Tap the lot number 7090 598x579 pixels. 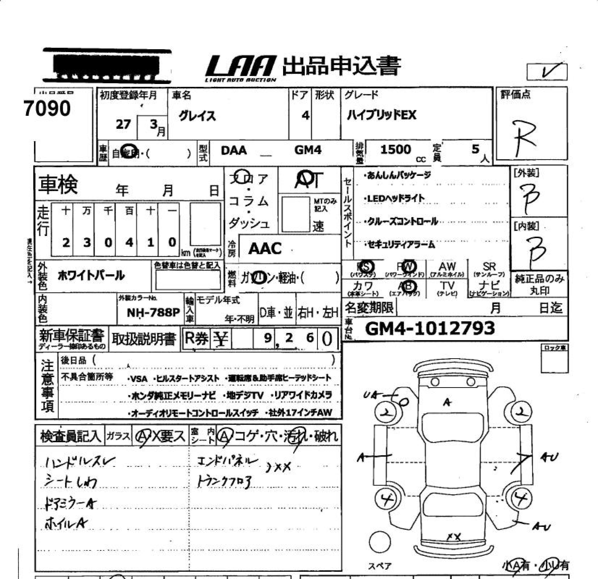point(47,108)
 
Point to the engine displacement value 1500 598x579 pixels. point(396,150)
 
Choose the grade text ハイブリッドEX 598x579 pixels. point(381,115)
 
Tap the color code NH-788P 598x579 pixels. point(153,312)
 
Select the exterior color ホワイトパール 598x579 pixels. point(91,275)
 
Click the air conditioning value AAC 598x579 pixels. point(265,248)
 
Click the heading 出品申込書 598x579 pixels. point(341,66)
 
